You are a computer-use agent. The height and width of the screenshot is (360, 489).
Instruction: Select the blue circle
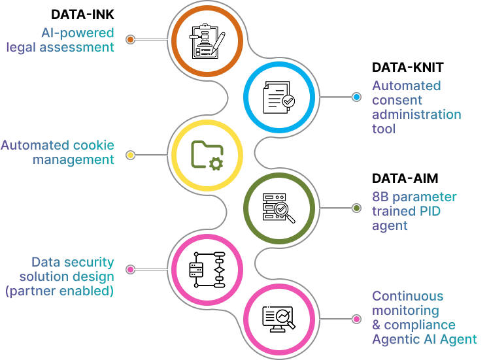point(280,96)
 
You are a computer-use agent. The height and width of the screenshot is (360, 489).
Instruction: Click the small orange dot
point(131,39)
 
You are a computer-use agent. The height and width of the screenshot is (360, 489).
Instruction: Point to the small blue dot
point(356,97)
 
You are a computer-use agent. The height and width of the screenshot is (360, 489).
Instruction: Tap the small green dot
point(356,208)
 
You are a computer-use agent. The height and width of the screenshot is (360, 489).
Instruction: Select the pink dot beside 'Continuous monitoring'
point(356,319)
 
